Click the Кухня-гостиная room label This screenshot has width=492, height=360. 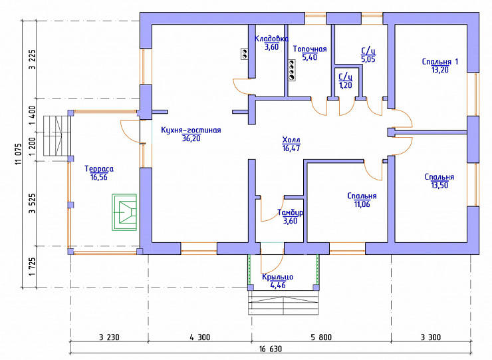191,130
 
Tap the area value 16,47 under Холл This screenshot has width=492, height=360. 291,148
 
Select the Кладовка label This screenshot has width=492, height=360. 271,39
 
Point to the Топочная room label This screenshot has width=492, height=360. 310,49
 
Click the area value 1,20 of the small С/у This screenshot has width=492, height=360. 346,85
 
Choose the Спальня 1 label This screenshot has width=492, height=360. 440,62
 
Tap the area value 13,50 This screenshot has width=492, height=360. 439,185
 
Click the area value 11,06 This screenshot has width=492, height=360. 362,204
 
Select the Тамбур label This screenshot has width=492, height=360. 291,212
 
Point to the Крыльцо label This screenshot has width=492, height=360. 278,277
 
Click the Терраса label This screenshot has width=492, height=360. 99,169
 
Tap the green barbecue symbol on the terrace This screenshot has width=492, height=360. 124,212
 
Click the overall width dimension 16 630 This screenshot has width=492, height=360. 271,349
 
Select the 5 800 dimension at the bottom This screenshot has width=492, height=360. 321,337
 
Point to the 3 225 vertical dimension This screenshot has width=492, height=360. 33,59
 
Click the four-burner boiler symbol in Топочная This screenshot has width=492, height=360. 292,71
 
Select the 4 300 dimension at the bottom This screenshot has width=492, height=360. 200,337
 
